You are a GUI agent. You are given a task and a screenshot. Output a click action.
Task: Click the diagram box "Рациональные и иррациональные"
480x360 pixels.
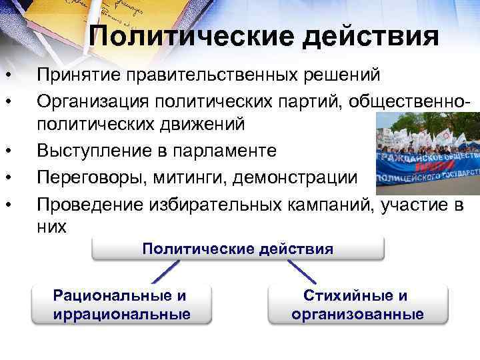click(121, 305)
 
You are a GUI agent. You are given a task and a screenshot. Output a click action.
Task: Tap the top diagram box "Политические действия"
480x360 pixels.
click(237, 249)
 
